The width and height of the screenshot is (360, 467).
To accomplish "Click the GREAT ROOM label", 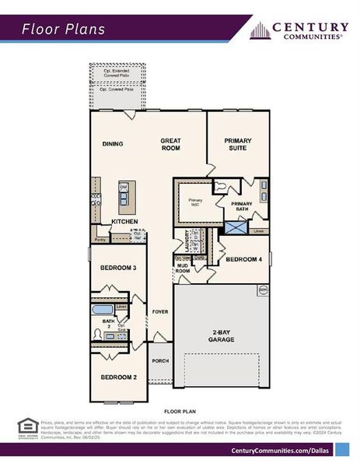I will [x=170, y=145].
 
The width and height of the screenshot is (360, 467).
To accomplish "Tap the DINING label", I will [x=114, y=144].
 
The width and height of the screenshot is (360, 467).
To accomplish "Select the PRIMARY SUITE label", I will [x=238, y=145].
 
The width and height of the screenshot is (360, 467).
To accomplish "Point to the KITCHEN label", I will [x=124, y=222].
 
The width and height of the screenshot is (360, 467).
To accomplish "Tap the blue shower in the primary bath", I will [x=235, y=226].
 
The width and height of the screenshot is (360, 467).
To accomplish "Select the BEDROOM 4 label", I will [x=243, y=258].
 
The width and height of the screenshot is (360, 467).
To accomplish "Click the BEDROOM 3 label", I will [x=118, y=268].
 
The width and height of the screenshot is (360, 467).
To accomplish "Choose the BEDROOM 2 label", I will [x=118, y=377].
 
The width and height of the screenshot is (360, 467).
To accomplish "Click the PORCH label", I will [x=160, y=360].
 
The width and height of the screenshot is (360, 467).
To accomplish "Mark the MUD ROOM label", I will [x=182, y=268].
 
